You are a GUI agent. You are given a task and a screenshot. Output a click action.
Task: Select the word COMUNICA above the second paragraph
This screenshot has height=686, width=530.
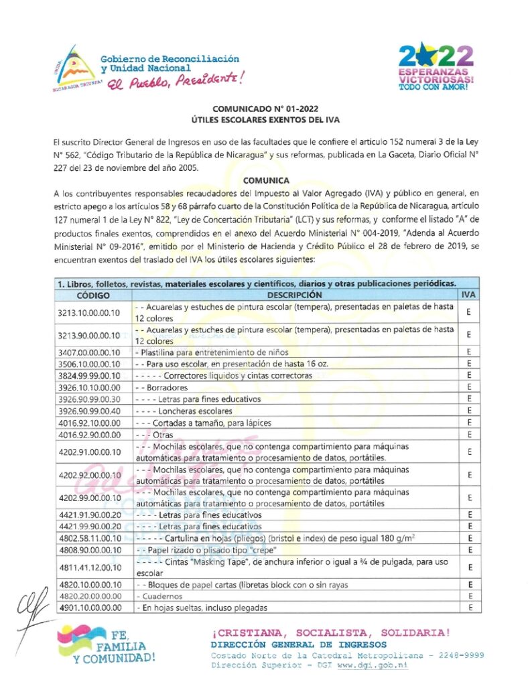(266, 180)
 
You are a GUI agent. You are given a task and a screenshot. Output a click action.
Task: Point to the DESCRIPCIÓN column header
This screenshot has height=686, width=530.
(294, 295)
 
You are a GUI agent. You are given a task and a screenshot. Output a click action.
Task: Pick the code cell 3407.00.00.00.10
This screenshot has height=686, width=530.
(89, 352)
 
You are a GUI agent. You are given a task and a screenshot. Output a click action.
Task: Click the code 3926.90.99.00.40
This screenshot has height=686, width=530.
(89, 411)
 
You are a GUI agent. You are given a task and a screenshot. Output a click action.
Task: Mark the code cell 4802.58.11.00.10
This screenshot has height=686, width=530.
(89, 538)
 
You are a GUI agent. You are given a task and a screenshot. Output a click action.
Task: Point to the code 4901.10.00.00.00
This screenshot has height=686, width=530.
(89, 608)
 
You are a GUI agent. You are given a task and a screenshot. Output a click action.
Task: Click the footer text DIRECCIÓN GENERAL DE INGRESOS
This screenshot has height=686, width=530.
(279, 644)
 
